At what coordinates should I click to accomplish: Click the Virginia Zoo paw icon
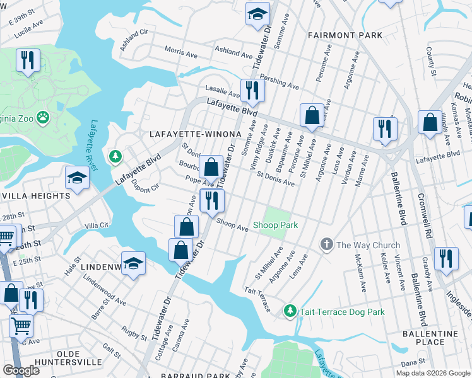pyautogui.click(x=43, y=117)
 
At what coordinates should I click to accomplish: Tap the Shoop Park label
pyautogui.click(x=275, y=225)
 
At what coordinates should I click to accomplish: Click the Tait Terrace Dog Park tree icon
pyautogui.click(x=290, y=310)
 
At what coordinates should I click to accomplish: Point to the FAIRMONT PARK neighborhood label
pyautogui.click(x=345, y=35)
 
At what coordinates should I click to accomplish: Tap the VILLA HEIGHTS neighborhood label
pyautogui.click(x=35, y=196)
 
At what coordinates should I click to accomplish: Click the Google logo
pyautogui.click(x=21, y=370)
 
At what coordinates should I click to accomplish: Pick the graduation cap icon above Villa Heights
pyautogui.click(x=77, y=178)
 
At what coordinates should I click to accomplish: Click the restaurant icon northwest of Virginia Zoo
pyautogui.click(x=28, y=60)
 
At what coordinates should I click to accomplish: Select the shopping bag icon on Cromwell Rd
pyautogui.click(x=430, y=123)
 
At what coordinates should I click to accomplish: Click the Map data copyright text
pyautogui.click(x=432, y=373)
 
